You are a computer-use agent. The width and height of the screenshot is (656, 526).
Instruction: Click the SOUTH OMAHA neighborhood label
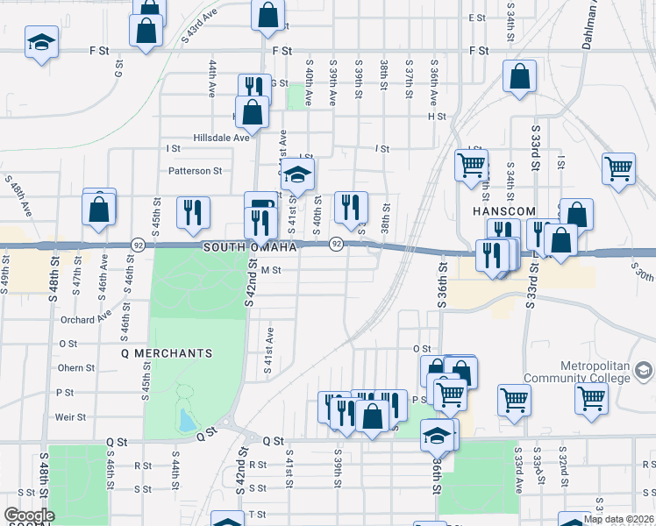(250, 248)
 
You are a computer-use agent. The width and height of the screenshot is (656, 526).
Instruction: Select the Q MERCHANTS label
(167, 353)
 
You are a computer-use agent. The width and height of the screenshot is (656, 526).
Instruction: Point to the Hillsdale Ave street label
(222, 137)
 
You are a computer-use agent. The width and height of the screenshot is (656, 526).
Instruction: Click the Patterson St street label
(196, 171)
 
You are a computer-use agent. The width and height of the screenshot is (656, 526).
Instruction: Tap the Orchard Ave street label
(86, 319)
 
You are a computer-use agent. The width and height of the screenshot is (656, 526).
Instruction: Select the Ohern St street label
(75, 368)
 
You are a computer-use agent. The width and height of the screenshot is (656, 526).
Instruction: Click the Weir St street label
(71, 417)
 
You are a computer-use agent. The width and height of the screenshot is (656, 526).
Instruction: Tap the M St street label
(270, 271)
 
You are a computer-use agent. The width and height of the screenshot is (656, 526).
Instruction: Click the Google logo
(28, 515)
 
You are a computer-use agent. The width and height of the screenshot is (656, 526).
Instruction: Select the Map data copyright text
(619, 519)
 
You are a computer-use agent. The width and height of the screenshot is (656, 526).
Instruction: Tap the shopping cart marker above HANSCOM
(471, 164)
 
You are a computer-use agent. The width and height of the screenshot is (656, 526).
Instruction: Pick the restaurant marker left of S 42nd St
(193, 212)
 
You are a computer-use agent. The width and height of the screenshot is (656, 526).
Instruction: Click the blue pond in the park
(185, 421)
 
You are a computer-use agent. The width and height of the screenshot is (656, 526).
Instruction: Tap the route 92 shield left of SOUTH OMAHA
(138, 244)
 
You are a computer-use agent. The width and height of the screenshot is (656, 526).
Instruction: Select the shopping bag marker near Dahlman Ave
(519, 76)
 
